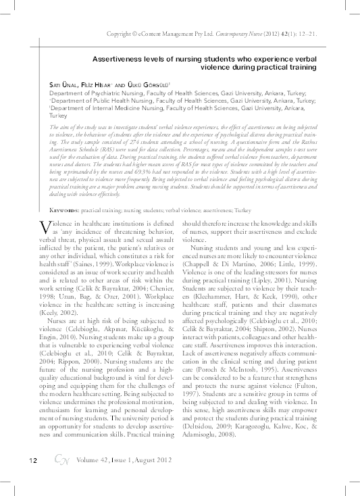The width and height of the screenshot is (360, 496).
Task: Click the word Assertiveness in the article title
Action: coord(122,58)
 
